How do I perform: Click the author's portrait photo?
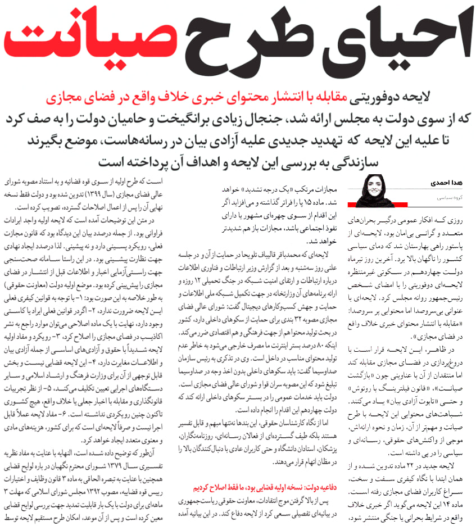(x=369, y=191)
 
